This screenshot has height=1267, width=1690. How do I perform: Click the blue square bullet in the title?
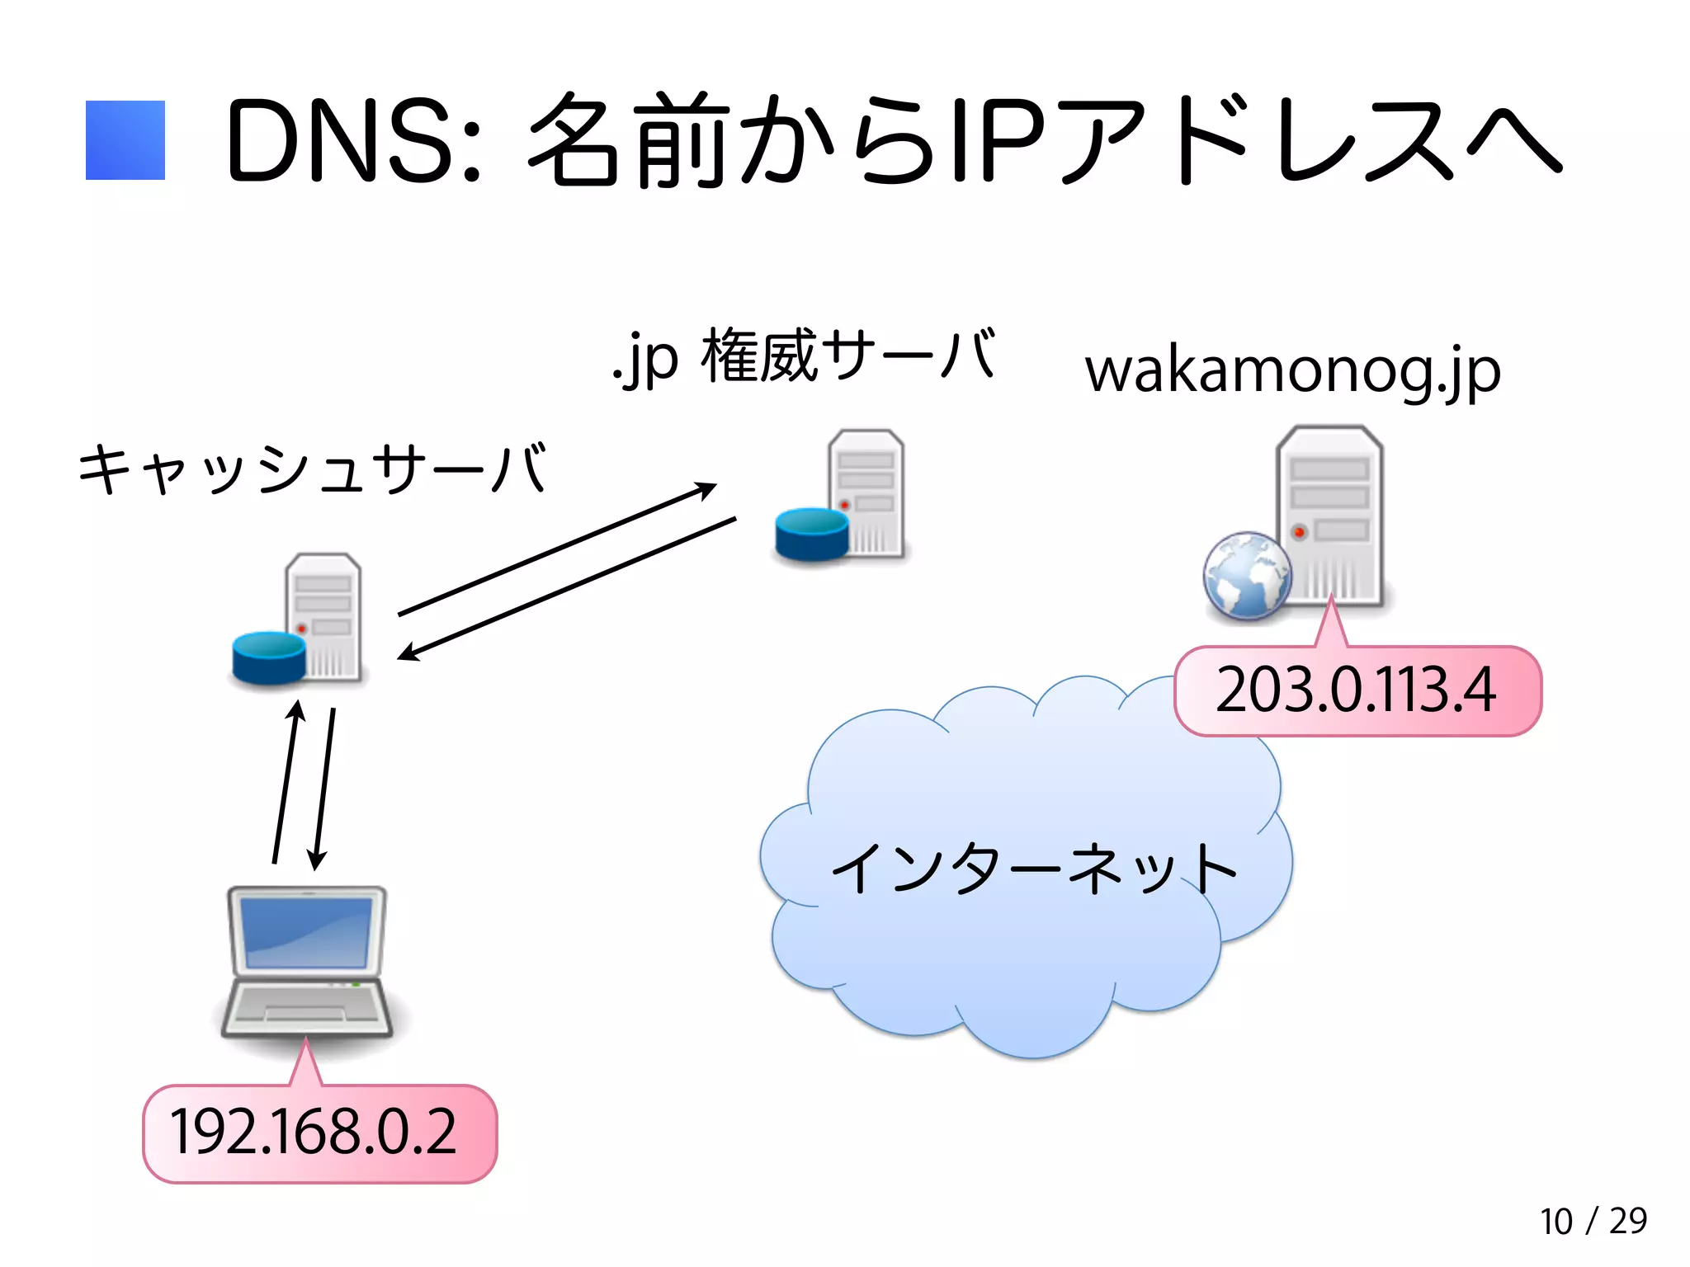click(125, 140)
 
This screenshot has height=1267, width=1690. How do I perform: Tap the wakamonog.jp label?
click(1292, 371)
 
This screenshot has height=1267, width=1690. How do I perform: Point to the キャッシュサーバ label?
click(312, 469)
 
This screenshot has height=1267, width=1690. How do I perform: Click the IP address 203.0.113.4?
click(1356, 690)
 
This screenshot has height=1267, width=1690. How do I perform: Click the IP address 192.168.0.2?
click(314, 1133)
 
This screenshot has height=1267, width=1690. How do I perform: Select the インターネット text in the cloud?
click(1033, 869)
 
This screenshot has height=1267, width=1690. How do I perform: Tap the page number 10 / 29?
click(1593, 1222)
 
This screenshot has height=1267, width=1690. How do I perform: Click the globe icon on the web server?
click(1246, 576)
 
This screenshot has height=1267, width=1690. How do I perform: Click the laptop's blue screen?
click(307, 931)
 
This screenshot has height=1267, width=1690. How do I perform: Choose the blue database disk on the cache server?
click(269, 657)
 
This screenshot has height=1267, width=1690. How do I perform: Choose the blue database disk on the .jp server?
click(812, 534)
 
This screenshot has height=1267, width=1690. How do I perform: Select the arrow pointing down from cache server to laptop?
click(324, 789)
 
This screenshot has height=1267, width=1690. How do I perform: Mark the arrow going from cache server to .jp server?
click(557, 549)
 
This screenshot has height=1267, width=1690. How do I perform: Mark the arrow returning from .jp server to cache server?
click(567, 588)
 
